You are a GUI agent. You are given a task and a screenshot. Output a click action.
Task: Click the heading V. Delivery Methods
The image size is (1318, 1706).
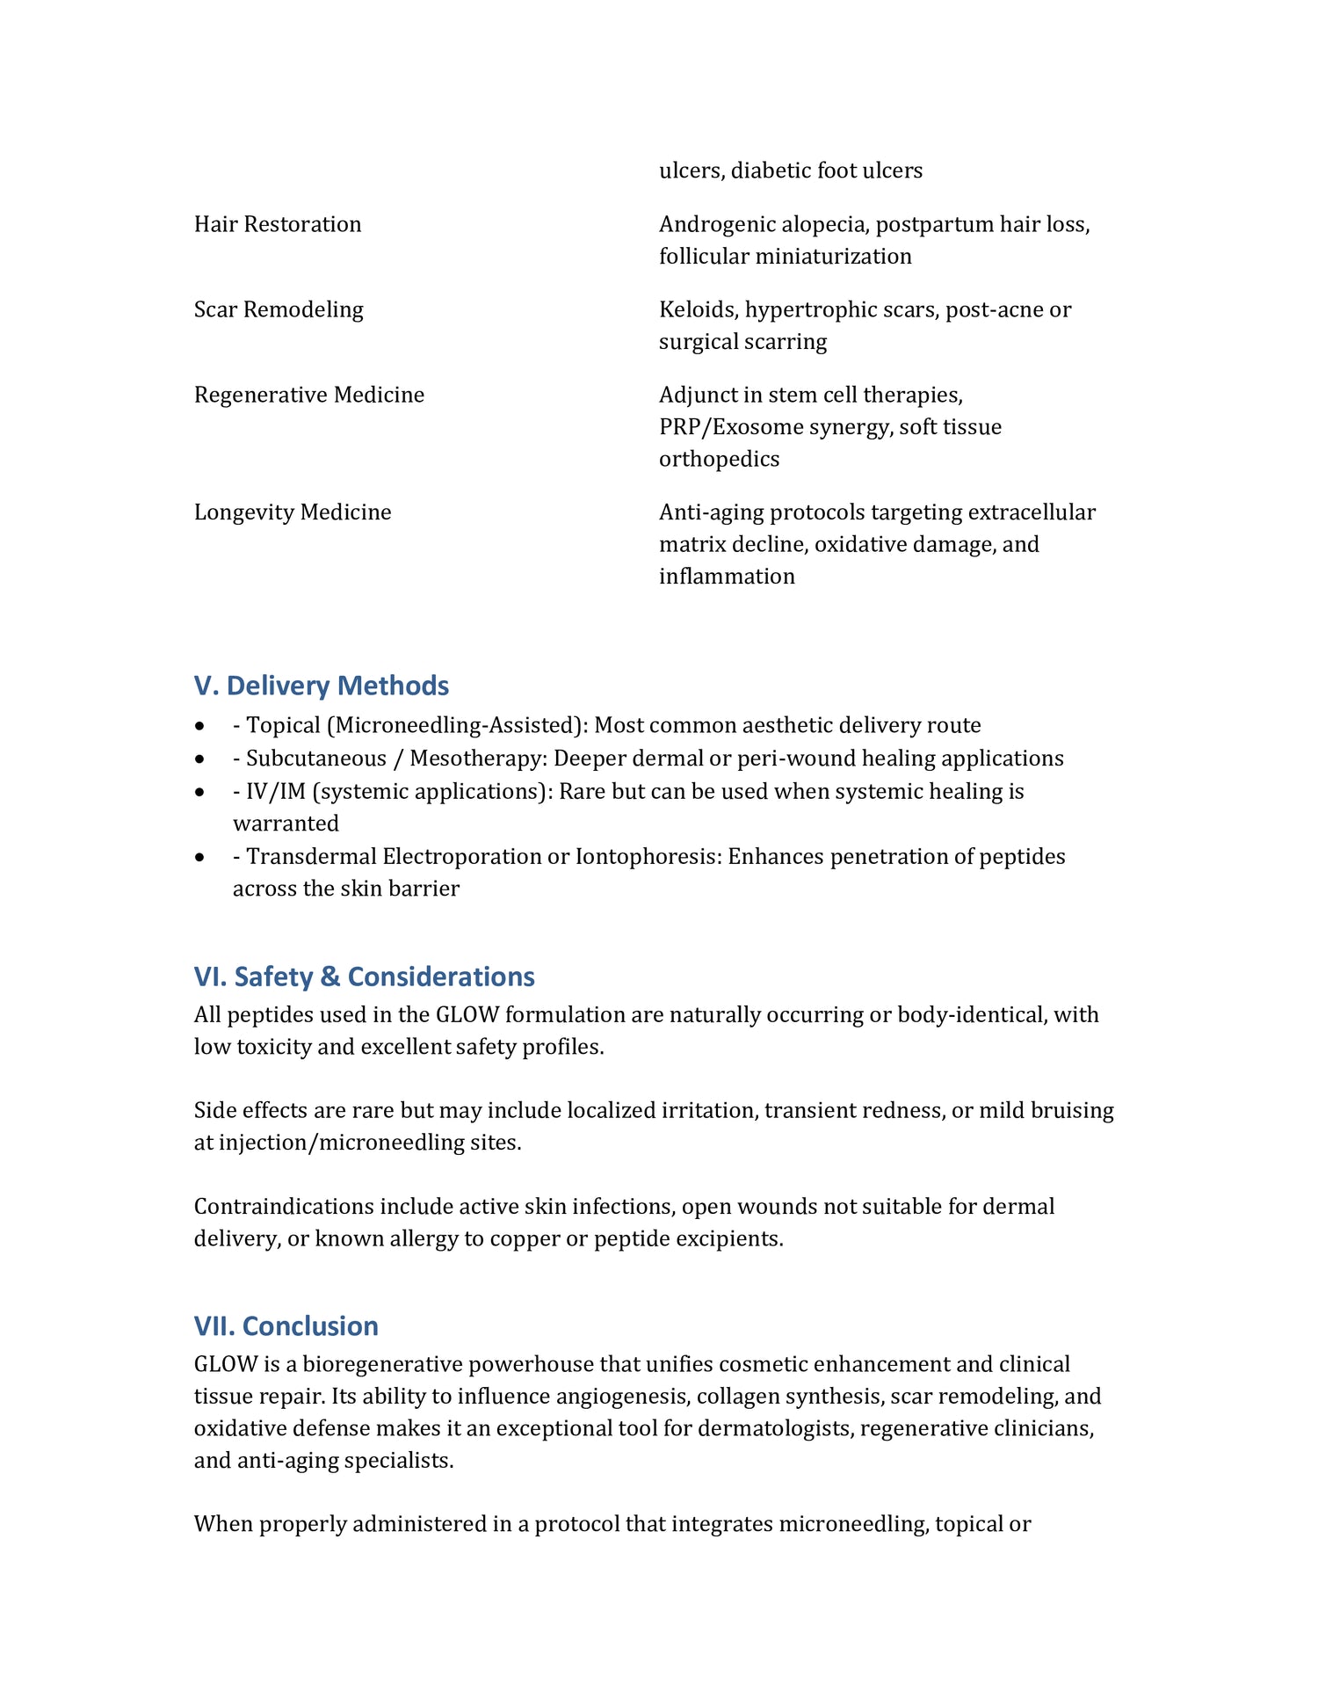[321, 686]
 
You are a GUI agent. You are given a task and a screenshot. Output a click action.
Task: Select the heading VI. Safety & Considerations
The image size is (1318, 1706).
[364, 976]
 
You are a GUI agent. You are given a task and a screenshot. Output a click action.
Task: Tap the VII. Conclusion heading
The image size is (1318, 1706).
[286, 1325]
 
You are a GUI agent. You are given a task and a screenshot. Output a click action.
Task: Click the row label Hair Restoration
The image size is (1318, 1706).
[278, 224]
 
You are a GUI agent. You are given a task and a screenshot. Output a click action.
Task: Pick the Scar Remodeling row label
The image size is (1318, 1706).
[279, 309]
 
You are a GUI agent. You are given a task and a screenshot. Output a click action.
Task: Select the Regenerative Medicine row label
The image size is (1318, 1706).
[309, 395]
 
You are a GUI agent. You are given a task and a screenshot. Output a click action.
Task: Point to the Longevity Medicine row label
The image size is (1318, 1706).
[293, 512]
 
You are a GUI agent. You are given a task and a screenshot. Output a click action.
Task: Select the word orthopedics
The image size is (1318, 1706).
[719, 459]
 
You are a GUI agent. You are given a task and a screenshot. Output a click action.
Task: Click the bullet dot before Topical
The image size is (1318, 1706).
[201, 726]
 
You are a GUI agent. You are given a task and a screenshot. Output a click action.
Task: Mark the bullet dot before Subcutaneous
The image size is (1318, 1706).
[201, 759]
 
